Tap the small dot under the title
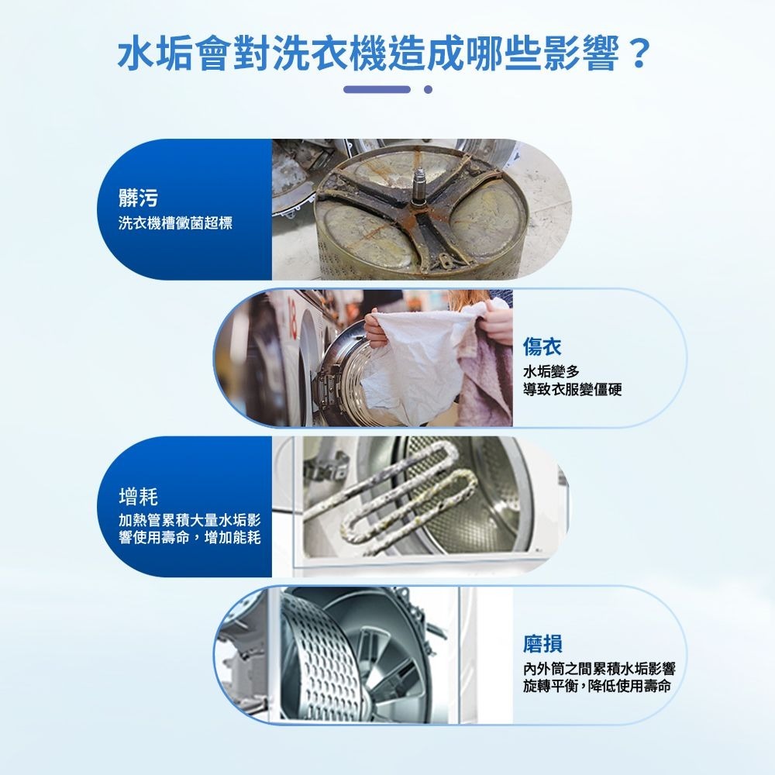click(428, 89)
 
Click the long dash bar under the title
click(377, 89)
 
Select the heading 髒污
click(139, 198)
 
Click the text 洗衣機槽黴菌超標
click(175, 223)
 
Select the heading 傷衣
click(542, 346)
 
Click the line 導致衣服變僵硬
click(573, 390)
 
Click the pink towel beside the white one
click(484, 376)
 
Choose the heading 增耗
click(139, 496)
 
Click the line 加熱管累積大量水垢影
click(190, 520)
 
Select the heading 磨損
click(542, 644)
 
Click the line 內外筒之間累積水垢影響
click(599, 669)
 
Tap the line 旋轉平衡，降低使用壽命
click(597, 686)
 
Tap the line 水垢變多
click(551, 371)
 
